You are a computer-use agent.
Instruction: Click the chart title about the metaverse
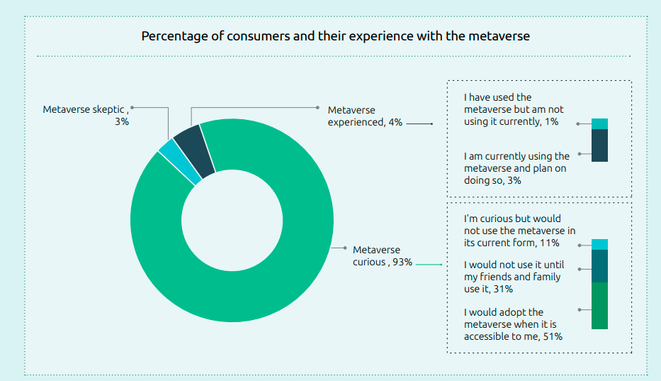[x=335, y=35]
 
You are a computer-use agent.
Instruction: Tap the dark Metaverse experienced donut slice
[x=193, y=150]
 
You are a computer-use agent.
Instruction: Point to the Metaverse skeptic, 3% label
[x=86, y=116]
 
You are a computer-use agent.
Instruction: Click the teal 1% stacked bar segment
[x=599, y=123]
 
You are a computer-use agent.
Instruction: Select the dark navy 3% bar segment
[x=599, y=145]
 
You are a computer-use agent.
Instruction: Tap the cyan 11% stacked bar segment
[x=599, y=245]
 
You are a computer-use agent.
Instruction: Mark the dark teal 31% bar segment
[x=599, y=266]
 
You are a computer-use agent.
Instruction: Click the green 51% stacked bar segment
[x=599, y=306]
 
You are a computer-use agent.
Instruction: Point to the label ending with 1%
[x=514, y=109]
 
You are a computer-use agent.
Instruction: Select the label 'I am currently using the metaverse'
[x=516, y=168]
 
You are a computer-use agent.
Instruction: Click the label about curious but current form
[x=519, y=231]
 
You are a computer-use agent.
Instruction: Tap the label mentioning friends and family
[x=512, y=277]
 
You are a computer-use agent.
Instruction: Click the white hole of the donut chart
[x=232, y=220]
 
